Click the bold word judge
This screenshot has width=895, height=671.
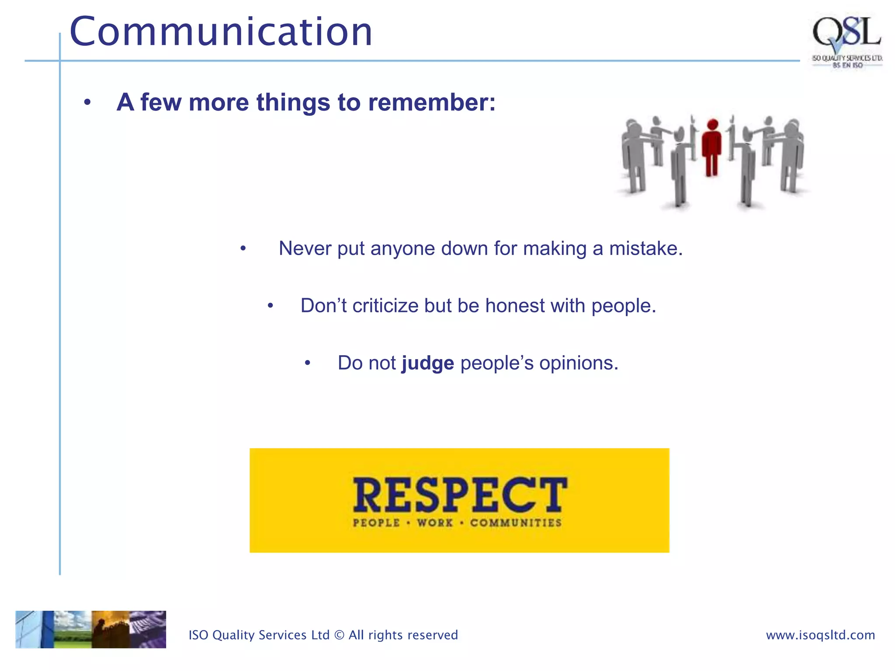click(427, 363)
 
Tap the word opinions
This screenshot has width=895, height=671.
click(578, 363)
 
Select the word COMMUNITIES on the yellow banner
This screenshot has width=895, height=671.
click(516, 523)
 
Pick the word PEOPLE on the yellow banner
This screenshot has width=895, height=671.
click(376, 523)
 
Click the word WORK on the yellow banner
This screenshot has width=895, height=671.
click(435, 523)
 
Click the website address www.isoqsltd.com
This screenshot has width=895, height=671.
click(820, 635)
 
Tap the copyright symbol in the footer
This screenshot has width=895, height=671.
click(339, 635)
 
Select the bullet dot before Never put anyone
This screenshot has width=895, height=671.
click(243, 249)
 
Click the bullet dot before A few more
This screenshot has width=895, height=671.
click(87, 103)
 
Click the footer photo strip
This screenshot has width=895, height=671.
click(91, 629)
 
